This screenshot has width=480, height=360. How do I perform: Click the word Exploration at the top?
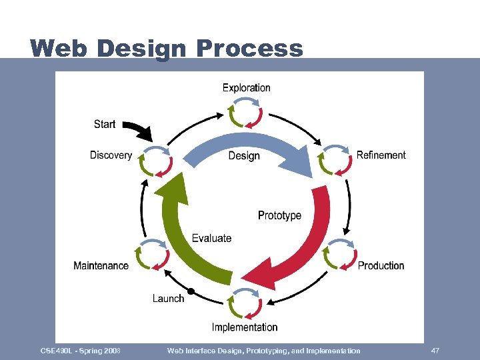[246, 87]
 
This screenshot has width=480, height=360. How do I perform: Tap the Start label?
[105, 124]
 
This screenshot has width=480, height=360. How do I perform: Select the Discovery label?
[111, 155]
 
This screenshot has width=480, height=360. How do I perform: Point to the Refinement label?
[381, 155]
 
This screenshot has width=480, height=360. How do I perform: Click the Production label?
[381, 265]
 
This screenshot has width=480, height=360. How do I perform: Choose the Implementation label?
[245, 327]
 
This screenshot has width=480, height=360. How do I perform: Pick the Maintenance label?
[101, 265]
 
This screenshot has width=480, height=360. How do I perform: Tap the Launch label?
[168, 298]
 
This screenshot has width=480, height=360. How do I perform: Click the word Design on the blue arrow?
[244, 155]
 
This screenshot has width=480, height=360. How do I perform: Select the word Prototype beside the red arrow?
[279, 215]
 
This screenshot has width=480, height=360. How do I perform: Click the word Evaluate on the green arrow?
[211, 238]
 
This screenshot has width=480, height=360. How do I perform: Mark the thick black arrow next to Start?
[139, 131]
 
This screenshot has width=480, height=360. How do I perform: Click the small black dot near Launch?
[191, 291]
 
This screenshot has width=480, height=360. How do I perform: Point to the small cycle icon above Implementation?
[245, 304]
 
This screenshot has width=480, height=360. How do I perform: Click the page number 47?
[435, 351]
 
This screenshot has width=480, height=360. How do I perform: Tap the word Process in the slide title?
[249, 49]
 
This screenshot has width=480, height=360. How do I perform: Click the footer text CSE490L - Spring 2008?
[80, 351]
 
